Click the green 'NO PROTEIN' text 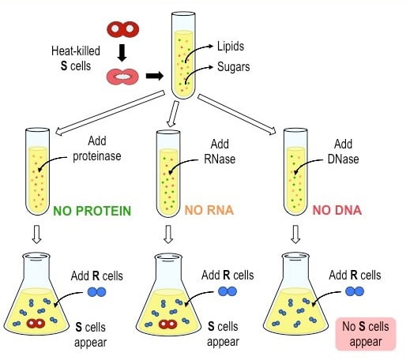[93, 211]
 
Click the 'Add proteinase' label [88, 145]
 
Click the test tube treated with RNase [167, 174]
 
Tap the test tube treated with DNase [295, 174]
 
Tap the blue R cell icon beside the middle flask [228, 292]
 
